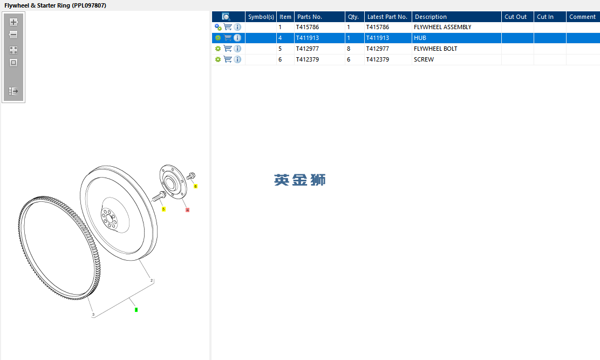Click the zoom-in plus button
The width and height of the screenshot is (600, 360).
pyautogui.click(x=13, y=22)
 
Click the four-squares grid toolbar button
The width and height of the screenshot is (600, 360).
pyautogui.click(x=13, y=50)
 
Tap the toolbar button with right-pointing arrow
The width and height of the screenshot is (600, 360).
pyautogui.click(x=13, y=91)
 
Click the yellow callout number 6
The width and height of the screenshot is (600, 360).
pyautogui.click(x=195, y=186)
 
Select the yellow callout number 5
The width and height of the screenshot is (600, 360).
pyautogui.click(x=163, y=209)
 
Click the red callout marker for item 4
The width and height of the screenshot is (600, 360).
pyautogui.click(x=188, y=210)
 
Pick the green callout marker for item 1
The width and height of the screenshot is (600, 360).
pyautogui.click(x=136, y=309)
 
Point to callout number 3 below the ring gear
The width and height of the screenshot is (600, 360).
pyautogui.click(x=93, y=315)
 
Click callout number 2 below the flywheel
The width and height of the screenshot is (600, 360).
pyautogui.click(x=152, y=281)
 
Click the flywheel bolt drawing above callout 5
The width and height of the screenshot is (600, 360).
pyautogui.click(x=159, y=196)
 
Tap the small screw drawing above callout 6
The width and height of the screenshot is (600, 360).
pyautogui.click(x=190, y=176)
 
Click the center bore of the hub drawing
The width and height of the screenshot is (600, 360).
pyautogui.click(x=171, y=184)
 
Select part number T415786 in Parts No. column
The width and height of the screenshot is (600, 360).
pyautogui.click(x=307, y=27)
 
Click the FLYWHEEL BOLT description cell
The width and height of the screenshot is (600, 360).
pyautogui.click(x=435, y=49)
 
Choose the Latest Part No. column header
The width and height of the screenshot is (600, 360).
pyautogui.click(x=387, y=17)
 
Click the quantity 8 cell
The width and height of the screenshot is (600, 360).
pyautogui.click(x=349, y=49)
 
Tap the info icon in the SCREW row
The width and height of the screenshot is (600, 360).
pyautogui.click(x=237, y=59)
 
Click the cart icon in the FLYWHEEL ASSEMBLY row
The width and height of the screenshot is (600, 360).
pyautogui.click(x=228, y=27)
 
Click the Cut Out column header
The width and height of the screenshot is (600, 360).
pyautogui.click(x=515, y=17)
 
